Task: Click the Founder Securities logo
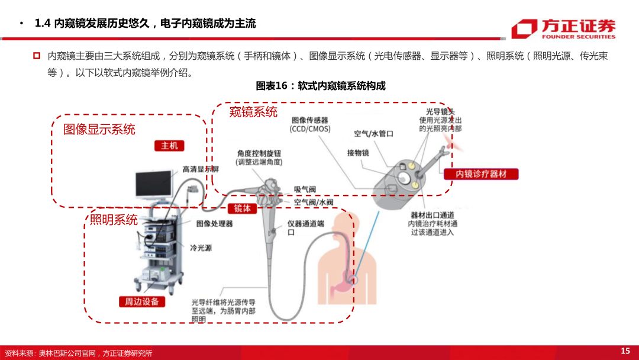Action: pyautogui.click(x=563, y=28)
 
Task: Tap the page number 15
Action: pyautogui.click(x=625, y=351)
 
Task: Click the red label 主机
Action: pyautogui.click(x=169, y=146)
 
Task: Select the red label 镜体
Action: pyautogui.click(x=242, y=208)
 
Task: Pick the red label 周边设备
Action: pyautogui.click(x=142, y=301)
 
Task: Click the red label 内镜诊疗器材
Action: pyautogui.click(x=480, y=174)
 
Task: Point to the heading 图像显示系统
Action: pyautogui.click(x=99, y=129)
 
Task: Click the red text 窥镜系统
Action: pyautogui.click(x=253, y=112)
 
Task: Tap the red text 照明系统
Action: pyautogui.click(x=114, y=220)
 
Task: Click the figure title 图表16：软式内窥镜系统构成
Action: pyautogui.click(x=320, y=86)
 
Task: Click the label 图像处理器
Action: pyautogui.click(x=214, y=224)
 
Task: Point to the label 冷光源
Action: pyautogui.click(x=201, y=248)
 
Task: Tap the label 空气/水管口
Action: pyautogui.click(x=373, y=134)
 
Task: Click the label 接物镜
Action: pyautogui.click(x=358, y=153)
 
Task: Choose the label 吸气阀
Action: pyautogui.click(x=305, y=189)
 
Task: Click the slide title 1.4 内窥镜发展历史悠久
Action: pyautogui.click(x=146, y=24)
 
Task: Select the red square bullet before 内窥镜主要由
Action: pyautogui.click(x=36, y=56)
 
